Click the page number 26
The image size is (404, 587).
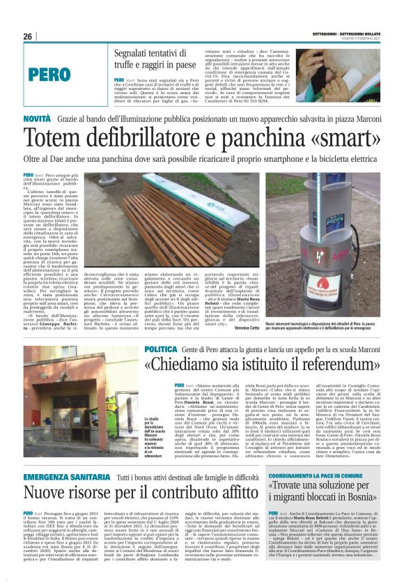tap(28, 36)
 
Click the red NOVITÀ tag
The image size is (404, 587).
tap(37, 121)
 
